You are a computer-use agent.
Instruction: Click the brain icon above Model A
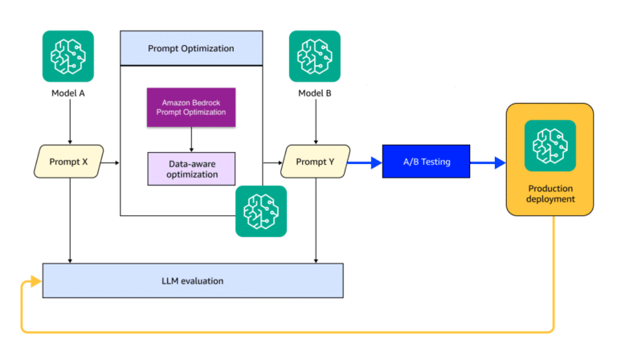tap(68, 56)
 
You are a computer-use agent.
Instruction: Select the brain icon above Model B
tap(315, 56)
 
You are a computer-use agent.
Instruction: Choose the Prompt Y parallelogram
tap(315, 162)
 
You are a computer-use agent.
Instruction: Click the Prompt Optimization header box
tap(191, 48)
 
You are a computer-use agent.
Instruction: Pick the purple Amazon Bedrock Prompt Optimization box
tap(191, 108)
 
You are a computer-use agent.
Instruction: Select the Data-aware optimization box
tap(191, 169)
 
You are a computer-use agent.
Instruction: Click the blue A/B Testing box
tap(426, 162)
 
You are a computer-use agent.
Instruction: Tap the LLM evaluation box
tap(192, 280)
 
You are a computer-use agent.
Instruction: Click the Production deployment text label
tap(550, 193)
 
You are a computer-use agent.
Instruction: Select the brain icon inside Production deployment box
tap(550, 145)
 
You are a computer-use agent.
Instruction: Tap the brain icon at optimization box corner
tap(261, 211)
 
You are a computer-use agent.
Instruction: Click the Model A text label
tap(68, 93)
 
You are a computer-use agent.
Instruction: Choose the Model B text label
tap(315, 93)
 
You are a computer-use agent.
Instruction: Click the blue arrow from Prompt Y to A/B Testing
tap(366, 162)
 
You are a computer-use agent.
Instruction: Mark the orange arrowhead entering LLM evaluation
tap(35, 280)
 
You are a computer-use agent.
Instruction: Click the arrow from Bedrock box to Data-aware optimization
tap(191, 140)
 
